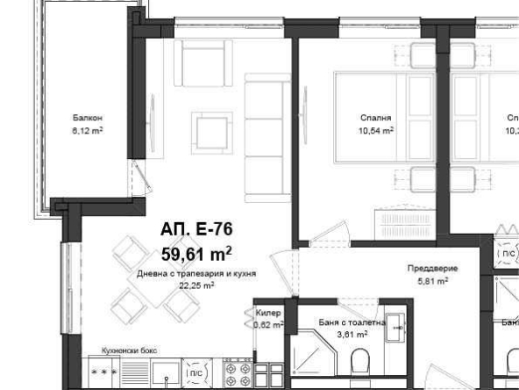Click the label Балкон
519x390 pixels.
[x=88, y=118]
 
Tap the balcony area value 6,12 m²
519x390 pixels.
[x=88, y=130]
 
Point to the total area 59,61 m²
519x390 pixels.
[x=196, y=254]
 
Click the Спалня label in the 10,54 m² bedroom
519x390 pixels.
[x=375, y=117]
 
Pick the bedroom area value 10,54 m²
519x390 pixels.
[x=375, y=129]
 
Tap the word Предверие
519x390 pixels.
[x=432, y=269]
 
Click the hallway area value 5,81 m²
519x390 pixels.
[x=432, y=281]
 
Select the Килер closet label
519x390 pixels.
[x=267, y=312]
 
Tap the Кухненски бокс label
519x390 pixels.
[x=129, y=350]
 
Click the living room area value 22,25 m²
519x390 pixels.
[x=196, y=285]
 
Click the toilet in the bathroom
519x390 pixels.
[x=359, y=362]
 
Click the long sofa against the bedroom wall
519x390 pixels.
[x=259, y=135]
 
